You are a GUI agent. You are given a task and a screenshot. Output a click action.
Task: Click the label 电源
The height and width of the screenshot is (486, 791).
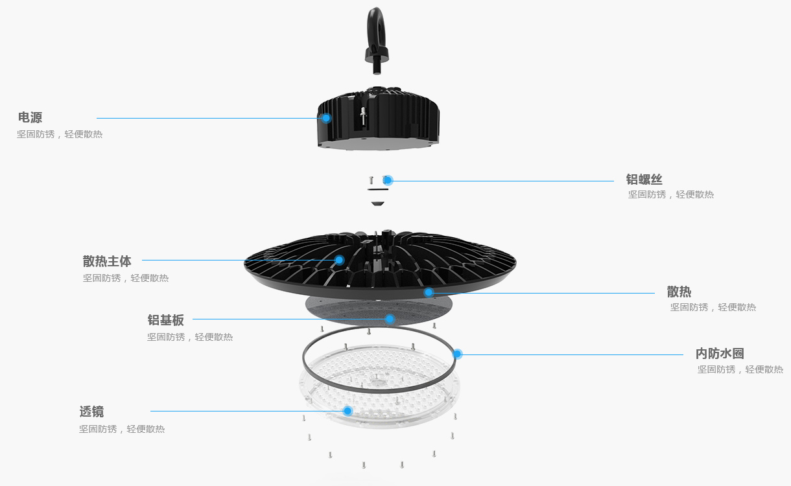point(30,117)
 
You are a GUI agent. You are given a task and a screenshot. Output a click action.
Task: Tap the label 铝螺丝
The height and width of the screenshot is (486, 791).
point(644,179)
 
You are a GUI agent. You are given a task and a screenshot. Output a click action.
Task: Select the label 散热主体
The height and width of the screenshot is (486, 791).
point(107,261)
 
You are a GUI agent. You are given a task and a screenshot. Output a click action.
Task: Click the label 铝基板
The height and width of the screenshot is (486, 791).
point(165,320)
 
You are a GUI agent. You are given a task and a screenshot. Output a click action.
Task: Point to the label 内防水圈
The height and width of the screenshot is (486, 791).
point(720,353)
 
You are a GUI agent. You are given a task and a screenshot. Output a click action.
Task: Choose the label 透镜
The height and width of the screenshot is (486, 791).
point(91,411)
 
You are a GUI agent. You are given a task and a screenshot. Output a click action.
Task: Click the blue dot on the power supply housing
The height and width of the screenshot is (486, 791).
point(326,118)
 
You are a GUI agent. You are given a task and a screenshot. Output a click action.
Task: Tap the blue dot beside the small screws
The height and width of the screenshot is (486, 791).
point(388,180)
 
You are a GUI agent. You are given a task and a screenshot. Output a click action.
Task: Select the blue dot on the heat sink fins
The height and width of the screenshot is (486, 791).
point(339,260)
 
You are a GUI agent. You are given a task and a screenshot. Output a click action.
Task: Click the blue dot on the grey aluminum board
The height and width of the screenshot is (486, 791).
point(390,319)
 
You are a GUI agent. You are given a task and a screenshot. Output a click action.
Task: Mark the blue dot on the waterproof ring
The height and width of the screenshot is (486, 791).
point(457,354)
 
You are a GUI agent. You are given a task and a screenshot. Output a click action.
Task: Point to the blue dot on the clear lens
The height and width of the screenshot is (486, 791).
point(348,411)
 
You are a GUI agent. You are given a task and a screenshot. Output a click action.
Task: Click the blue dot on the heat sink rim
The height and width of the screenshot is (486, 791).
point(429,292)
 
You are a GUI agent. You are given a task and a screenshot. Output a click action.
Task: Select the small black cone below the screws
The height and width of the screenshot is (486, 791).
point(377,203)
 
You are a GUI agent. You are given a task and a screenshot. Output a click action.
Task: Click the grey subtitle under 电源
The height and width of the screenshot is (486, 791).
point(60,134)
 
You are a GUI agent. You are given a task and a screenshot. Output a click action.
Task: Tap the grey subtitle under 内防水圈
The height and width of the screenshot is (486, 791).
point(740,369)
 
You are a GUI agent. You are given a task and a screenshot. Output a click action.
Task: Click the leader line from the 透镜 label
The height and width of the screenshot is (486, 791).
point(247,411)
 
